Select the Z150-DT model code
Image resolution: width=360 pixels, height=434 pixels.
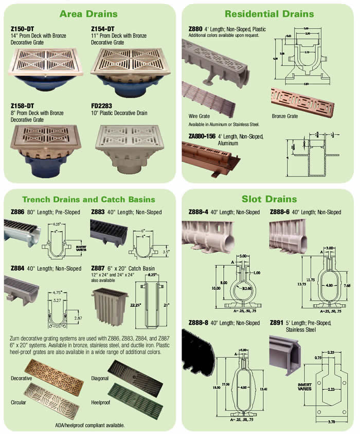[x=21, y=29]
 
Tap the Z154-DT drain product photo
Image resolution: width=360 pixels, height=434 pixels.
[x=132, y=72]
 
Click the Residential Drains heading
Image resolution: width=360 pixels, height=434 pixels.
[x=268, y=13]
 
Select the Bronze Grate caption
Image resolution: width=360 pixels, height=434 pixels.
[x=284, y=116]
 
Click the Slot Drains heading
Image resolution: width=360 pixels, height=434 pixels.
[x=269, y=199]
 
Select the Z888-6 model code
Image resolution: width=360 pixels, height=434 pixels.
[x=282, y=212]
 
